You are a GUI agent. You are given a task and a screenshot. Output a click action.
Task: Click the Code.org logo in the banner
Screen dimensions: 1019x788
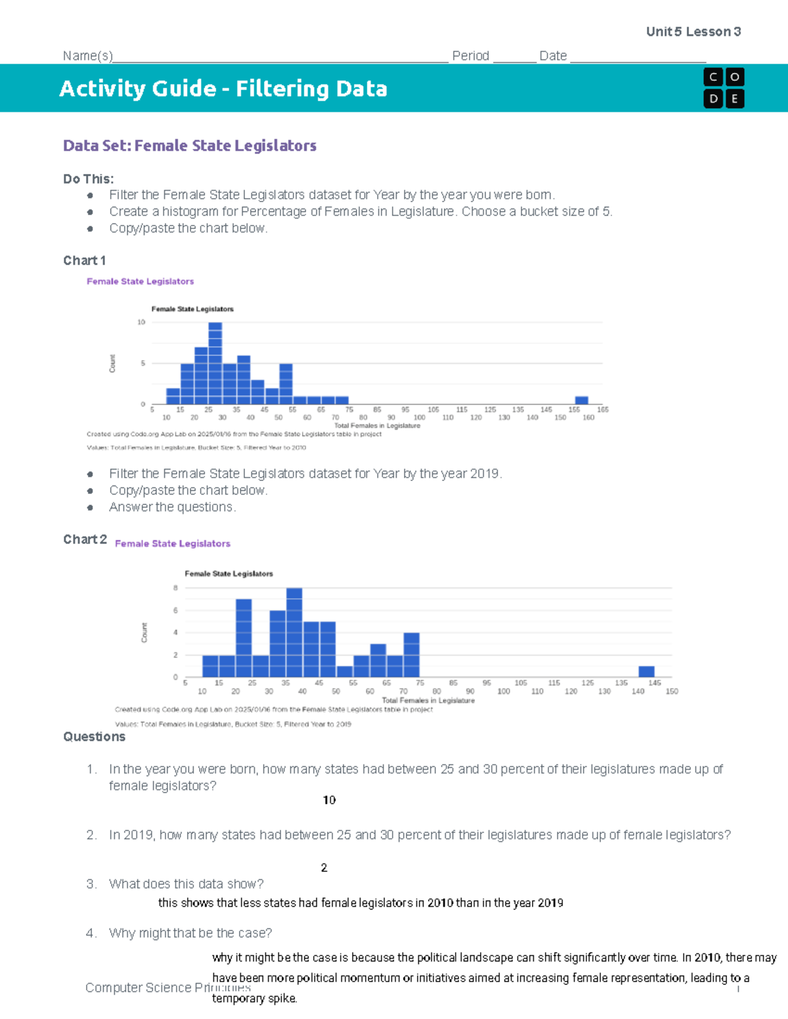click(x=724, y=88)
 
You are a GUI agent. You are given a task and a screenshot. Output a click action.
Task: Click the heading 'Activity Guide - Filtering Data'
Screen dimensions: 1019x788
click(x=223, y=89)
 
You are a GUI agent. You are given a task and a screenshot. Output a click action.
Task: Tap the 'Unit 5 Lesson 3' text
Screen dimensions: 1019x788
click(x=693, y=31)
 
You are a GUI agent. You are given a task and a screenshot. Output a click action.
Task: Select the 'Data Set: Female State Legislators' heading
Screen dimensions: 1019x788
click(x=190, y=146)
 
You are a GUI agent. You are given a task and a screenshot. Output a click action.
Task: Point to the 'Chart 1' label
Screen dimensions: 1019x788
click(x=84, y=260)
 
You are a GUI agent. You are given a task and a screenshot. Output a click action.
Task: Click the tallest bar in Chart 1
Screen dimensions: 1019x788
click(x=215, y=363)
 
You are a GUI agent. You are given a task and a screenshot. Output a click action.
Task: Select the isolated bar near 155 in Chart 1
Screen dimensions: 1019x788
click(x=581, y=400)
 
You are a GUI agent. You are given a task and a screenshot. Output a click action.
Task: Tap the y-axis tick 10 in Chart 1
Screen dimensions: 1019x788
click(x=141, y=322)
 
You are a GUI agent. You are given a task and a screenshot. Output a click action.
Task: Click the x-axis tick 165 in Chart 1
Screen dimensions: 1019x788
click(x=602, y=409)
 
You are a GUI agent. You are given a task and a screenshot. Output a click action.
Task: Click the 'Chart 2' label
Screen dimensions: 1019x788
click(x=85, y=539)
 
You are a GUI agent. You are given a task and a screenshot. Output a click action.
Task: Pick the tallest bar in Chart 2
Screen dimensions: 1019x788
click(x=294, y=632)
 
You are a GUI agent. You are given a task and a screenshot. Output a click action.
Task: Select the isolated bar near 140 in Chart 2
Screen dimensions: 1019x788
click(x=646, y=671)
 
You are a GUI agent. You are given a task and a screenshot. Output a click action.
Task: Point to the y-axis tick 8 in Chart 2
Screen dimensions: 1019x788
click(x=175, y=588)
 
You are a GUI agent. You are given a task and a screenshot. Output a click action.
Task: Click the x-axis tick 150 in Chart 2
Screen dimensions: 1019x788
click(x=672, y=692)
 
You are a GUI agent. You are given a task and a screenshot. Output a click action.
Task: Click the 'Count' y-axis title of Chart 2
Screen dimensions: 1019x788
click(x=144, y=633)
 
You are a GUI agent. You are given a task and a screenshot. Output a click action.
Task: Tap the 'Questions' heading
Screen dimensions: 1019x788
click(x=94, y=737)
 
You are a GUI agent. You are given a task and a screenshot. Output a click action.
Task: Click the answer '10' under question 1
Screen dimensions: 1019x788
click(x=329, y=800)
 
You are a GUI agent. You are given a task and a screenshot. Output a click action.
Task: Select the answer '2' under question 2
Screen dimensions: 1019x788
click(x=324, y=867)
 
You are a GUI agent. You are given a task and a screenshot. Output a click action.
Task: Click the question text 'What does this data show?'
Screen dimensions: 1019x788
click(x=186, y=884)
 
